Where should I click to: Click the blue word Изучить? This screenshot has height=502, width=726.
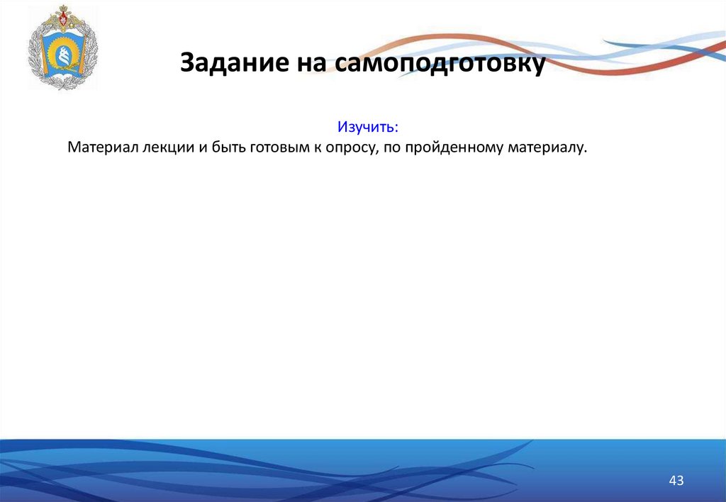pyautogui.click(x=366, y=128)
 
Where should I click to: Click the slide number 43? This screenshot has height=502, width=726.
pyautogui.click(x=676, y=481)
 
